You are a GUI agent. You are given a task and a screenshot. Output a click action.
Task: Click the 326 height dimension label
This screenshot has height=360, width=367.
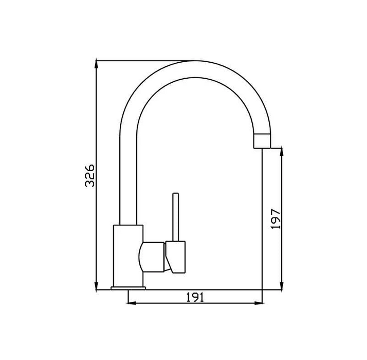tap(90, 176)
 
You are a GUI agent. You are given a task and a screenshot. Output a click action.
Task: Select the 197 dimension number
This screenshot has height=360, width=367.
tap(276, 219)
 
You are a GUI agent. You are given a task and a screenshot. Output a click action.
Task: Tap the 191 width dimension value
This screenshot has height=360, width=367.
tap(196, 297)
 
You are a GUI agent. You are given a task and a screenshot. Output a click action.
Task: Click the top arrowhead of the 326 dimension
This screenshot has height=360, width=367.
tap(97, 64)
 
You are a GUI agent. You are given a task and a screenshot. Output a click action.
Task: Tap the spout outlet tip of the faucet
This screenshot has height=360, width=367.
tap(262, 140)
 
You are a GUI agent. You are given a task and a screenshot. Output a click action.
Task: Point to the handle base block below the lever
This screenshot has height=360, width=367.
tap(175, 256)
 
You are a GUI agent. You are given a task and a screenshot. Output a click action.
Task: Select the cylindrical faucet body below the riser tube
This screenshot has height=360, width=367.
tap(128, 255)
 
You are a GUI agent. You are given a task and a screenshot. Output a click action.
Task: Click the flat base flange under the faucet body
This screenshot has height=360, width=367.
tap(128, 288)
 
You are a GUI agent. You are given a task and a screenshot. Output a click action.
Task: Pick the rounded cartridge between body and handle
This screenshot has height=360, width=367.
tap(153, 257)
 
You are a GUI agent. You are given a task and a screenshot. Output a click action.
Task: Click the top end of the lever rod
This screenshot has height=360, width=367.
tap(175, 195)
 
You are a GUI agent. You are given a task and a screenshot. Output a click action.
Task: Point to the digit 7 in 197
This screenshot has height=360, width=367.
tap(276, 212)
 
